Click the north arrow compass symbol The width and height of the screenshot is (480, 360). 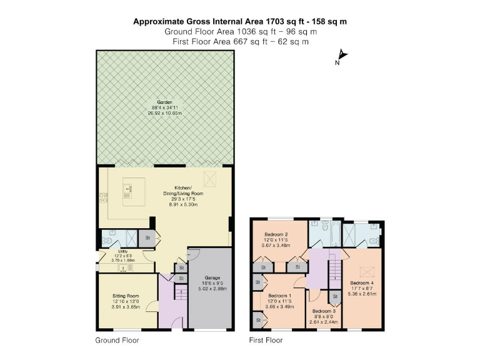341,56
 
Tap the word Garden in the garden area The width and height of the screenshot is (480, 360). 164,102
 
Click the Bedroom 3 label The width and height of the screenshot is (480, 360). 324,311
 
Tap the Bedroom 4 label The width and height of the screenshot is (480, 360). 363,282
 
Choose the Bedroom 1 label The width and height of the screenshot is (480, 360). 279,296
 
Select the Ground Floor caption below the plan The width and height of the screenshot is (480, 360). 117,341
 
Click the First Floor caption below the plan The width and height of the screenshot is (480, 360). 266,341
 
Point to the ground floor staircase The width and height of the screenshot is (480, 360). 181,294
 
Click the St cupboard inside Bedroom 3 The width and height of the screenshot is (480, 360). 334,296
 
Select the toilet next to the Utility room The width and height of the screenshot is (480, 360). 107,237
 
